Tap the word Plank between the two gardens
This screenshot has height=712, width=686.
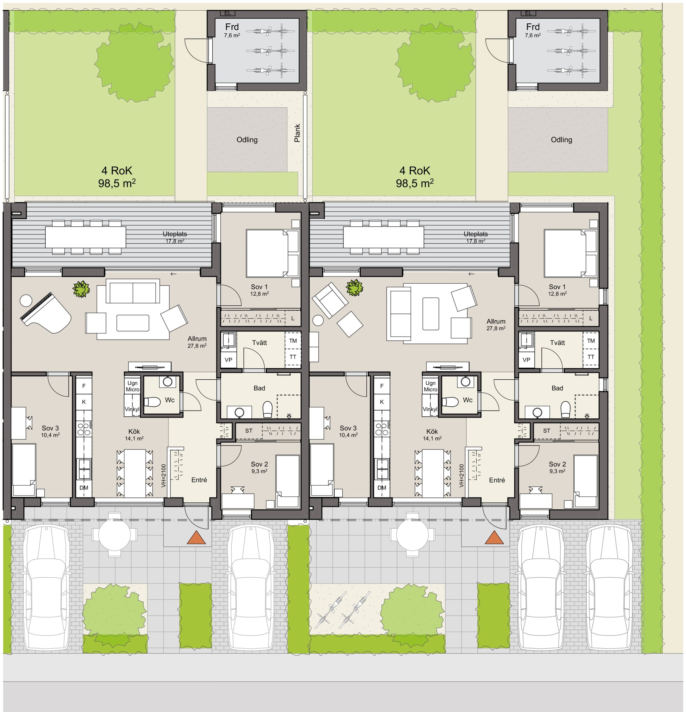[x=297, y=133]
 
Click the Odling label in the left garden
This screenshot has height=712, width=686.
[x=247, y=140]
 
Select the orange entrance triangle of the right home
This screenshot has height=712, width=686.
[x=494, y=538]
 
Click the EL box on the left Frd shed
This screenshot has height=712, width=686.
[x=227, y=13]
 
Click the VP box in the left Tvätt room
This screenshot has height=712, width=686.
[x=228, y=360]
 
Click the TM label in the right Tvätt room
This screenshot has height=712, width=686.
[x=591, y=341]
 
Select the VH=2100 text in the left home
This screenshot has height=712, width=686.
[x=164, y=476]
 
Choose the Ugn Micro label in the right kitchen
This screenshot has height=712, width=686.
[x=430, y=386]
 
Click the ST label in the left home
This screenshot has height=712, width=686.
[x=249, y=431]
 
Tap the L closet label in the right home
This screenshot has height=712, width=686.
[x=591, y=318]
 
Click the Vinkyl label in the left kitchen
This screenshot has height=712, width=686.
[x=132, y=409]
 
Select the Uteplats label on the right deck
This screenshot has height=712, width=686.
[x=476, y=234]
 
